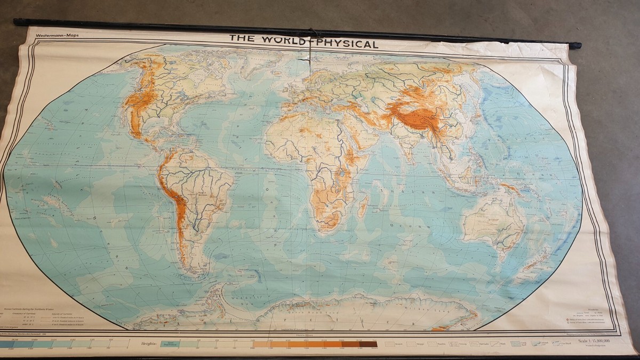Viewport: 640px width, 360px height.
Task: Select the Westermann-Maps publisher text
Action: [56, 36]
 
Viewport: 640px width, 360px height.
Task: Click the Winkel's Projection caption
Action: [592, 346]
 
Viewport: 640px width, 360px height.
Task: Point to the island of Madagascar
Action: [363, 206]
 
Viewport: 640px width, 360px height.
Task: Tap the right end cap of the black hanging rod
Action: [577, 45]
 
